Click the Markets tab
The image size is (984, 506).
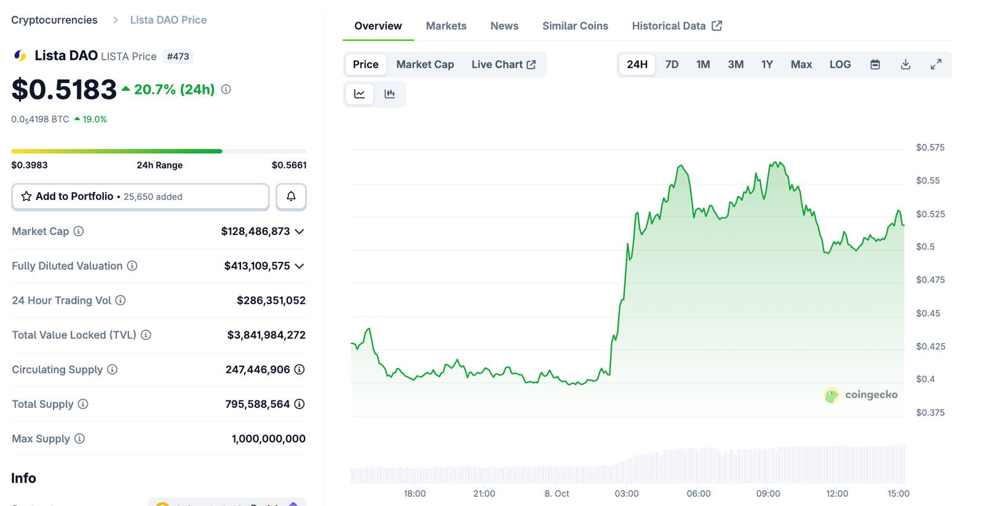(446, 26)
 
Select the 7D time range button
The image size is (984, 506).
(672, 65)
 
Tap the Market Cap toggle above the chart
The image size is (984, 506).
(424, 65)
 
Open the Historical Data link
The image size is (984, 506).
(676, 26)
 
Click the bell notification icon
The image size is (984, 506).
(291, 197)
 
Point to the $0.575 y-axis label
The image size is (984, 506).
(930, 148)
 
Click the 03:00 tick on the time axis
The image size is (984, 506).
(627, 494)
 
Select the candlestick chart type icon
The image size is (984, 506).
(389, 94)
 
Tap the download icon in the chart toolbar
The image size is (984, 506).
(905, 65)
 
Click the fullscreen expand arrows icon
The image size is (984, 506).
(935, 65)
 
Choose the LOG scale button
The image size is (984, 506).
(839, 65)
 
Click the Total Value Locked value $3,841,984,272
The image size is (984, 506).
(266, 335)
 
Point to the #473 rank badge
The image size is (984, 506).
(178, 57)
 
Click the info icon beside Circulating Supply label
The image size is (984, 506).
(112, 370)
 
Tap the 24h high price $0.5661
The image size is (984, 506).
(289, 165)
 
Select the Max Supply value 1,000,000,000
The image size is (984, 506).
(268, 439)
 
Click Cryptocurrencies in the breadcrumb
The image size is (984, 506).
(54, 20)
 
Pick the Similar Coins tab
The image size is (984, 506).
(575, 26)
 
